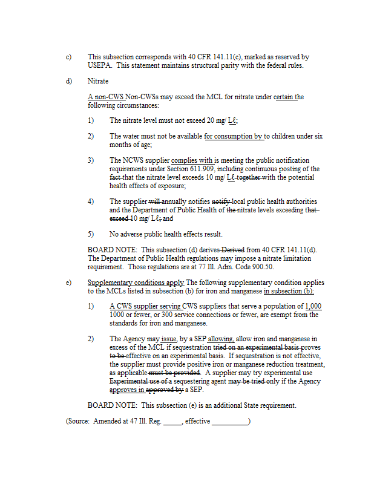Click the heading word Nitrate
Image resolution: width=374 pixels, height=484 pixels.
(98, 80)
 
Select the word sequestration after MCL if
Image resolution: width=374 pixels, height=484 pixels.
(189, 348)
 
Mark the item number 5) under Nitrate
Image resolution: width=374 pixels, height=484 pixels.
(91, 234)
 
